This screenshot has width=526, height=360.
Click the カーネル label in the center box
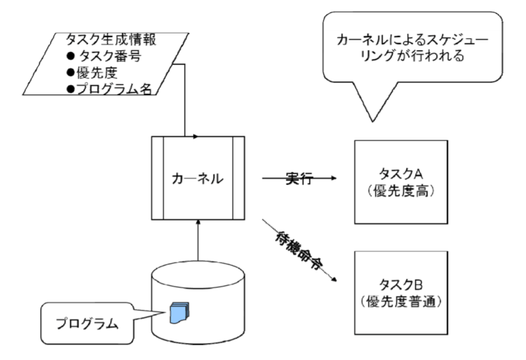coord(197,178)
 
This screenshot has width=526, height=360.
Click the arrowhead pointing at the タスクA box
coord(334,179)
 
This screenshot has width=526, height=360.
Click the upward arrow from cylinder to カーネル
coord(197,240)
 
